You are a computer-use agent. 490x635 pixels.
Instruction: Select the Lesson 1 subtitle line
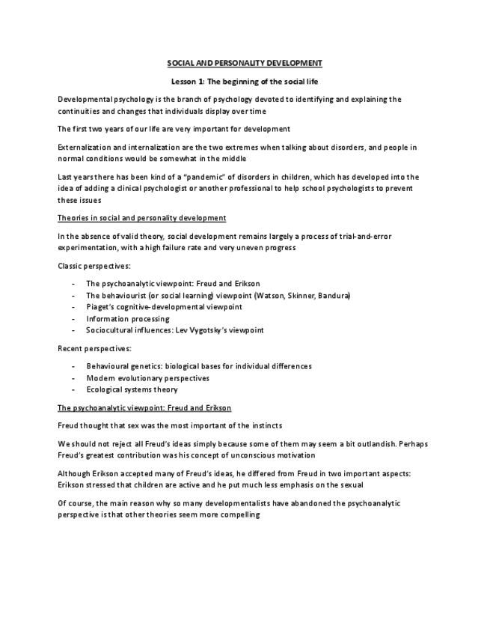(x=245, y=81)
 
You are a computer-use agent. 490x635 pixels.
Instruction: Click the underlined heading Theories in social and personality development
(x=141, y=218)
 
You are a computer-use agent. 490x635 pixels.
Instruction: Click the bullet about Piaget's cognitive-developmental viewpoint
(x=164, y=307)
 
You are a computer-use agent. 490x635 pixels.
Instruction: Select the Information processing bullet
(x=127, y=318)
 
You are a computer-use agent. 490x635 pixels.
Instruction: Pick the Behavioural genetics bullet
(x=198, y=366)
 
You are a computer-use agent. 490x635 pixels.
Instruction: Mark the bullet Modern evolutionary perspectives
(x=147, y=378)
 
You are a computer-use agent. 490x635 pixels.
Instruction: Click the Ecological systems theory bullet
(x=132, y=389)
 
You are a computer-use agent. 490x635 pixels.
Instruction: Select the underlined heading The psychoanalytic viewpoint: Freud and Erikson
(x=144, y=407)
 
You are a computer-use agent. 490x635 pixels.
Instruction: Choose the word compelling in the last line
(x=237, y=515)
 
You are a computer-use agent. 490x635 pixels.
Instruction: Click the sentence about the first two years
(x=174, y=129)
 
